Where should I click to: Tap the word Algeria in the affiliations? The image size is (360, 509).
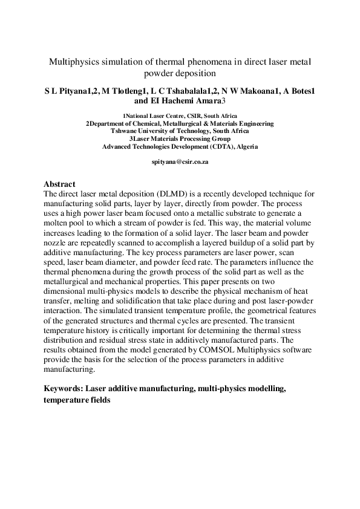pos(246,146)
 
